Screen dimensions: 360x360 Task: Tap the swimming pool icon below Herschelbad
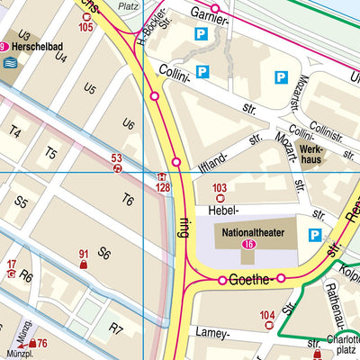pos(10,63)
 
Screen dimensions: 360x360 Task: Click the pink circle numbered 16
pos(247,244)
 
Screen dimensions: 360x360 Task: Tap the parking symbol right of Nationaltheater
pos(314,236)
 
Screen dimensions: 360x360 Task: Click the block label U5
pos(90,89)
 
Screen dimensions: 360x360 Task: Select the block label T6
pos(128,200)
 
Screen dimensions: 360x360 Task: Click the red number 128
pos(162,187)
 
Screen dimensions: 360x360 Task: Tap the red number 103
pos(220,188)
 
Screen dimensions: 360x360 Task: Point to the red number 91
pos(84,255)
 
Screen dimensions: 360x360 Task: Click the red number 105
pos(85,28)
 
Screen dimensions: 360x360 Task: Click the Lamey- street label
pos(212,332)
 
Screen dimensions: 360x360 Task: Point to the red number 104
pos(267,315)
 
